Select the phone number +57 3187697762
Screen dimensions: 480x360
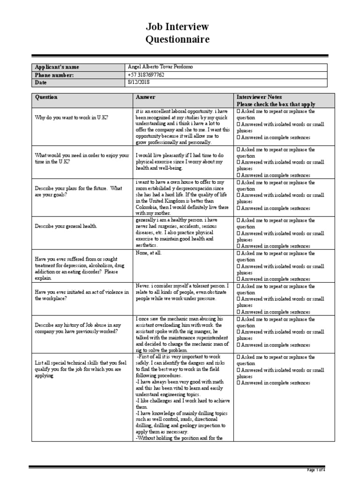point(146,75)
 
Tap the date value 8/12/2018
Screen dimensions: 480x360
point(138,82)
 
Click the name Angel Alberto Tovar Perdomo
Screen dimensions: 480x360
point(160,67)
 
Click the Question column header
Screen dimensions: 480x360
point(46,97)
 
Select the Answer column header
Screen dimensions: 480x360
point(145,97)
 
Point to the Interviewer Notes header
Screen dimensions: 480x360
point(259,97)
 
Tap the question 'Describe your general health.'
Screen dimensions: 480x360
point(66,226)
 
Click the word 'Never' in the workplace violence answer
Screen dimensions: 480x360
point(142,286)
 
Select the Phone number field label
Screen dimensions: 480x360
point(55,75)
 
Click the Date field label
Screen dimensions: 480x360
point(42,82)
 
